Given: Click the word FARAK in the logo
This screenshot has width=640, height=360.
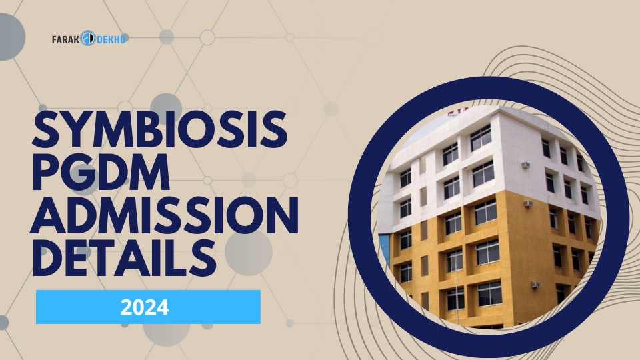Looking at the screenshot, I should click(65, 39).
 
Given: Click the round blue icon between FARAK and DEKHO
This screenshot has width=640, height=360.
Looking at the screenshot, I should click(89, 39).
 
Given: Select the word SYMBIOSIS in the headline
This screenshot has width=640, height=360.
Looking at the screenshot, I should click(160, 131).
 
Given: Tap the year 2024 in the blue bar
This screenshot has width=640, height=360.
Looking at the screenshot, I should click(145, 307).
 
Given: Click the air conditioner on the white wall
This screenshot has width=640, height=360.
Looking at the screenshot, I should click(525, 165).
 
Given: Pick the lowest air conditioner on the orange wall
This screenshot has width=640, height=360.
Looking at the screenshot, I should click(535, 285).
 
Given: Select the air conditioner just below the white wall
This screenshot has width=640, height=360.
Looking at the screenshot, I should click(527, 203).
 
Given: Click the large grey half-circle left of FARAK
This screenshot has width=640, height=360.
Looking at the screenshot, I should click(9, 37).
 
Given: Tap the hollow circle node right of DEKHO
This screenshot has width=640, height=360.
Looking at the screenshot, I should click(207, 37).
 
